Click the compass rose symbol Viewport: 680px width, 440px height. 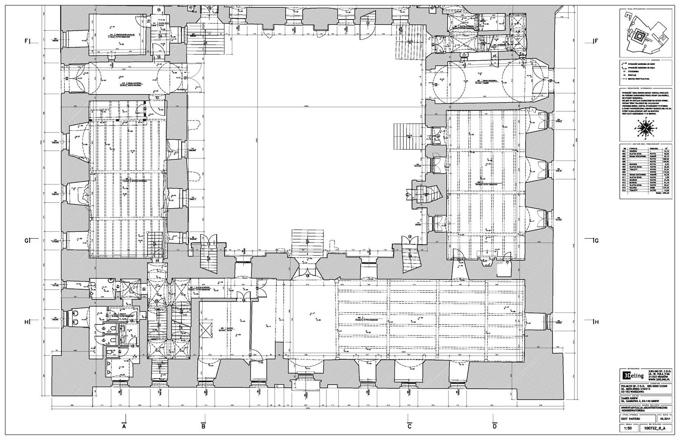[645, 128]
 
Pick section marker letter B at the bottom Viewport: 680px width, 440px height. [203, 427]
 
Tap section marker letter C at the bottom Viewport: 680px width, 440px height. [409, 427]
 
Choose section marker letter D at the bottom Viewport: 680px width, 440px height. [494, 427]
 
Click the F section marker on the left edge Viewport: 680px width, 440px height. [27, 41]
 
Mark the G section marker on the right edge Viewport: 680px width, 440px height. [595, 241]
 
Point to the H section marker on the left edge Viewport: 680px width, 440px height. [27, 322]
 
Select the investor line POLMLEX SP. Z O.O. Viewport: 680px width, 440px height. [636, 385]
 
